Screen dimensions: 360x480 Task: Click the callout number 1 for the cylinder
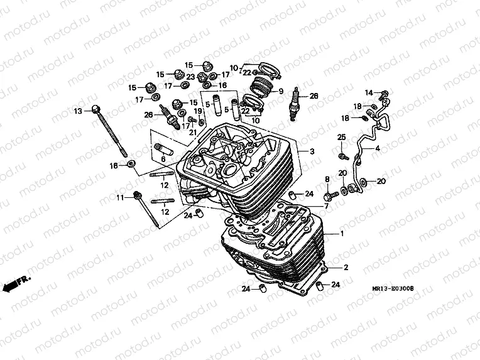342,233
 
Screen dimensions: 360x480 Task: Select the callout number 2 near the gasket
345,267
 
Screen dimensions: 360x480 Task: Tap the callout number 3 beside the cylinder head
312,151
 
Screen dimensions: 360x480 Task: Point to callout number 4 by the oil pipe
378,149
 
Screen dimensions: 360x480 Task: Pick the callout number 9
281,90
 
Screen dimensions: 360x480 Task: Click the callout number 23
190,77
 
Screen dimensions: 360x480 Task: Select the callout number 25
342,137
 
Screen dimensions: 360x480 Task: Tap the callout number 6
163,160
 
